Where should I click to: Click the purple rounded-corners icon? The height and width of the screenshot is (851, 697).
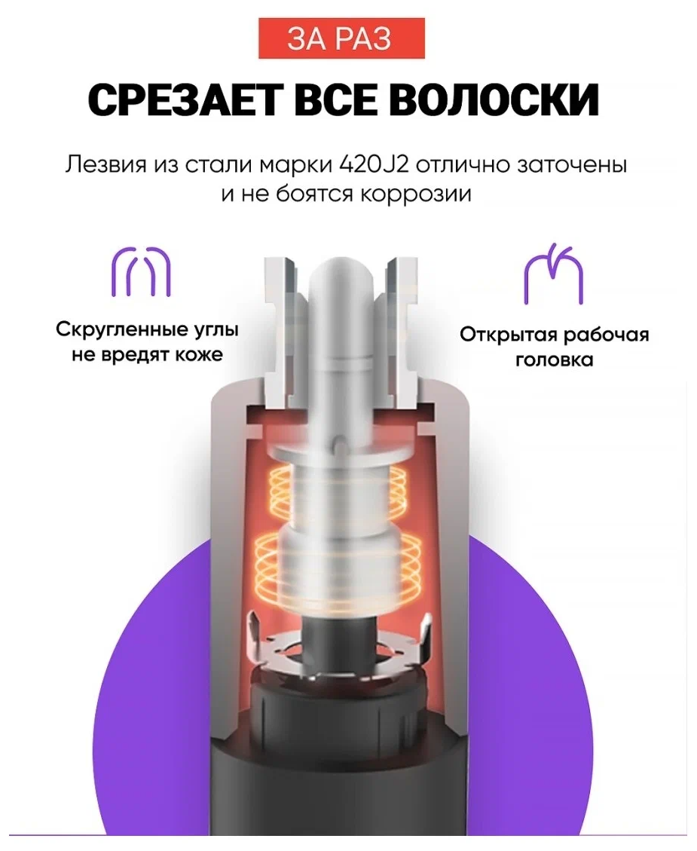pyautogui.click(x=142, y=271)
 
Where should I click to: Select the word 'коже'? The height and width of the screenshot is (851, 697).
pyautogui.click(x=200, y=354)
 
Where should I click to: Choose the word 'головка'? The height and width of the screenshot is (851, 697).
pyautogui.click(x=554, y=360)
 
